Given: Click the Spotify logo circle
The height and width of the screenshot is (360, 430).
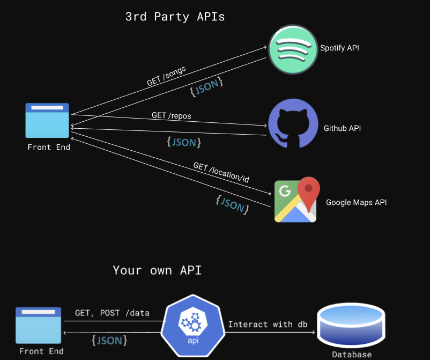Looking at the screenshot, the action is coord(293,49).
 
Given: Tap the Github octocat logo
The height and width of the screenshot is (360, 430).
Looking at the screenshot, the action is coord(293,123).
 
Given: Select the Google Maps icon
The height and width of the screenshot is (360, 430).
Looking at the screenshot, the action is coord(297,200).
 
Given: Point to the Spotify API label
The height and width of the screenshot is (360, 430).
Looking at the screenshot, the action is coord(339,48).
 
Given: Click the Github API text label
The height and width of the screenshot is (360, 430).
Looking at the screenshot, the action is coord(342,128).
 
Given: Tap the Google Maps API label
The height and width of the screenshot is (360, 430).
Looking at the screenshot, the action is coord(356,202).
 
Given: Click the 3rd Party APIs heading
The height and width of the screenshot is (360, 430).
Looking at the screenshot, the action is coord(175,17).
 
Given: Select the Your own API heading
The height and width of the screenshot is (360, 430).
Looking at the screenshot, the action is coord(157,270).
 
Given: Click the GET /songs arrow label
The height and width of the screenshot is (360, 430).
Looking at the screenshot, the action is coord(166,76).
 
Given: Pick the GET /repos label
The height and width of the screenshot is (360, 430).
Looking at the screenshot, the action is coord(172,115).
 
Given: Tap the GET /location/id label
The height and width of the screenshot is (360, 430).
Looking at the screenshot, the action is coord(221,172).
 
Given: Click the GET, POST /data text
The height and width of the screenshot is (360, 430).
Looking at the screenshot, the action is coord(112,313).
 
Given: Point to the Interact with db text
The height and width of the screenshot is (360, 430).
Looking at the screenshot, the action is coord(268,325).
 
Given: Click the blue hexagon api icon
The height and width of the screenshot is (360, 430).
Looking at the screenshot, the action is coord(193,326).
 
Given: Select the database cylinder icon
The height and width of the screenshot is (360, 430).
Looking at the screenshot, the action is coord(351,326).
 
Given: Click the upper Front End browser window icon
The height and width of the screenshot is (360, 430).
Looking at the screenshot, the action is coord(47,121).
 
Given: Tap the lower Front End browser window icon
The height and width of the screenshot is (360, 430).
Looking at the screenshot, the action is coord(39,326).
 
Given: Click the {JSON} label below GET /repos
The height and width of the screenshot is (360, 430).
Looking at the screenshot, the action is coord(184,142).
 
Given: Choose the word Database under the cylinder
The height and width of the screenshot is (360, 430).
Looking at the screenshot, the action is coord(352,355).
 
